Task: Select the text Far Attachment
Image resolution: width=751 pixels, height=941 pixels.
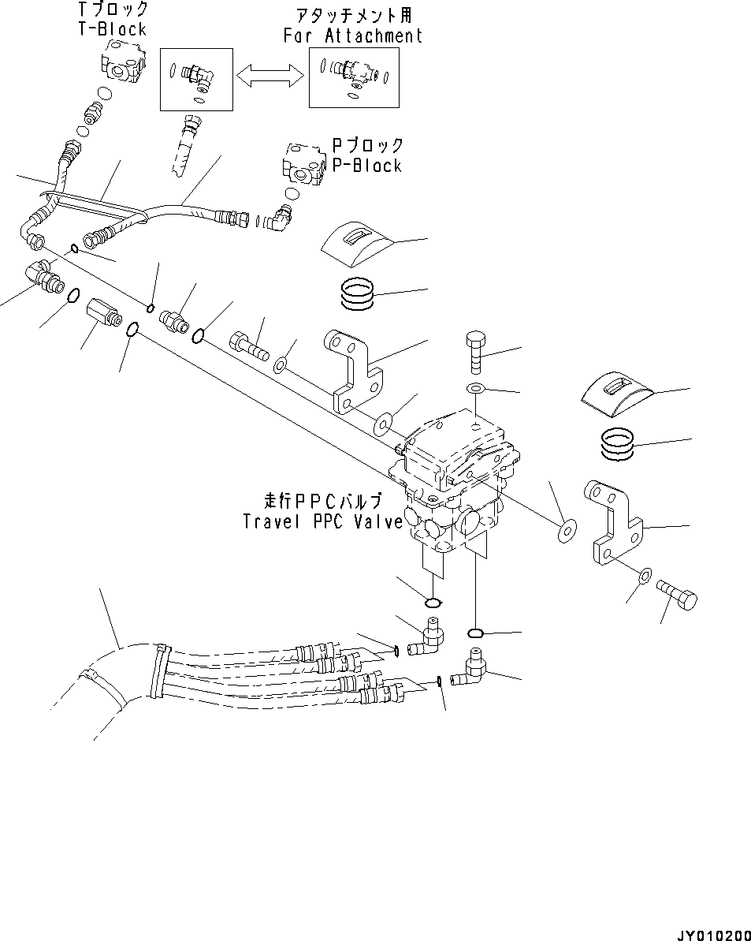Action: click(x=353, y=35)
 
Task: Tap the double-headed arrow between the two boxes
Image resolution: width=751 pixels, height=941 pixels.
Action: click(x=270, y=75)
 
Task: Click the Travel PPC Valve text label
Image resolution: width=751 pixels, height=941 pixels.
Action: click(x=323, y=521)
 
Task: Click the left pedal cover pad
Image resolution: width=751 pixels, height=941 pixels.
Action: click(x=359, y=246)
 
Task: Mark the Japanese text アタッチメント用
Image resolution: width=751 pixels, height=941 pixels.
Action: click(x=351, y=15)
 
